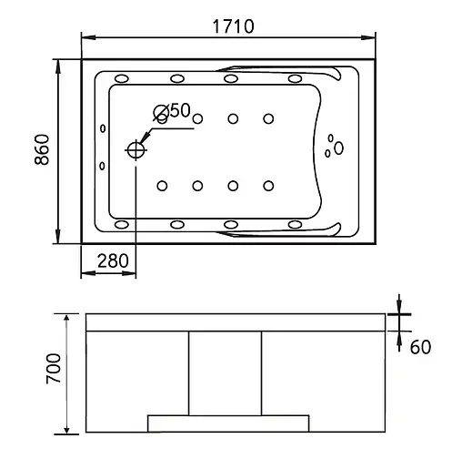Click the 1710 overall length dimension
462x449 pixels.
(x=233, y=26)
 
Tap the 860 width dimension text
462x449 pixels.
(x=42, y=149)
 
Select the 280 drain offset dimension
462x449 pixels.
(x=113, y=260)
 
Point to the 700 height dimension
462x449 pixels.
(x=54, y=369)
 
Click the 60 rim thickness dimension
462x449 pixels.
(x=420, y=347)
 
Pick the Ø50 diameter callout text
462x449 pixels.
(x=172, y=111)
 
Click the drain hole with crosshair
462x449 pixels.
(x=136, y=150)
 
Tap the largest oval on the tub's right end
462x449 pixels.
(x=338, y=148)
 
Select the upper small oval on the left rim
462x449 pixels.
(x=103, y=128)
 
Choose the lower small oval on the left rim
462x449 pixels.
(x=102, y=166)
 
